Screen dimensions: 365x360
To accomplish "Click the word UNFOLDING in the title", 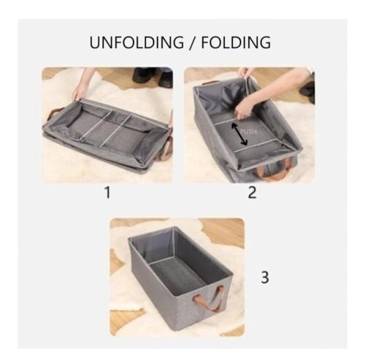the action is (137, 42).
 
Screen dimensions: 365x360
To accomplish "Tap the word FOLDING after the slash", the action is (236, 42).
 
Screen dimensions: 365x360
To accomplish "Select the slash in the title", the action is (193, 43).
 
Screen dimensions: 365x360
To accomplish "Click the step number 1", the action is (107, 192).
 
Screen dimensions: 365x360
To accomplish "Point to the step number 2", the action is (252, 192).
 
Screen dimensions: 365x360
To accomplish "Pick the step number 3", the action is (265, 277).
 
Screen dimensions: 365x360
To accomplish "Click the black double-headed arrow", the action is (239, 134).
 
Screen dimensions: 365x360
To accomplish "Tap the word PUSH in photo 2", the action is (248, 131).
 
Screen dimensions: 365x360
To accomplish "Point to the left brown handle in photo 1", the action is (55, 114).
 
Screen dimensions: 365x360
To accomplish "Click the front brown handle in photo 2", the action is (272, 169).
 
